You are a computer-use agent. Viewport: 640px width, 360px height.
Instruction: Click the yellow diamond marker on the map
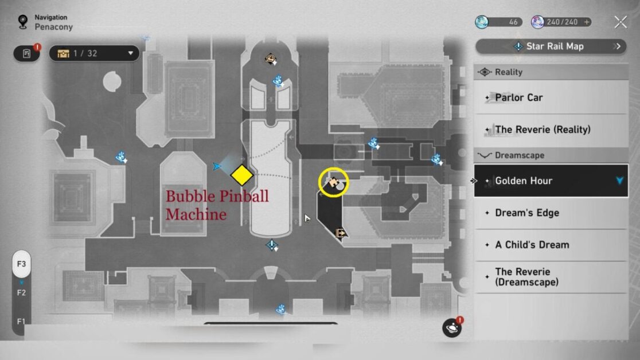pos(242,175)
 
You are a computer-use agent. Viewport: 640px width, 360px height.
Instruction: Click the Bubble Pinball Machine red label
pos(217,205)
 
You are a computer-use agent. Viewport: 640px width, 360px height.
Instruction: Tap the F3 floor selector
pos(22,264)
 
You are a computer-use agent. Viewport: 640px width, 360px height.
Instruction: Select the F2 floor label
pos(21,293)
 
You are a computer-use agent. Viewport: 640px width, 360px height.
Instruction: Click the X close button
pos(621,22)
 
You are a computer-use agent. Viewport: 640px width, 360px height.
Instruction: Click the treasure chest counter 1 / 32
pos(94,53)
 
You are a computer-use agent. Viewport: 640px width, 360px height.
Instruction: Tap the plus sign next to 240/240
pos(587,22)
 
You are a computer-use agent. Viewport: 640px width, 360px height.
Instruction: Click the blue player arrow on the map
pos(217,166)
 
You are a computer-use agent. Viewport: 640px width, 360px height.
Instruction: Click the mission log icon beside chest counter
pos(26,53)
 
